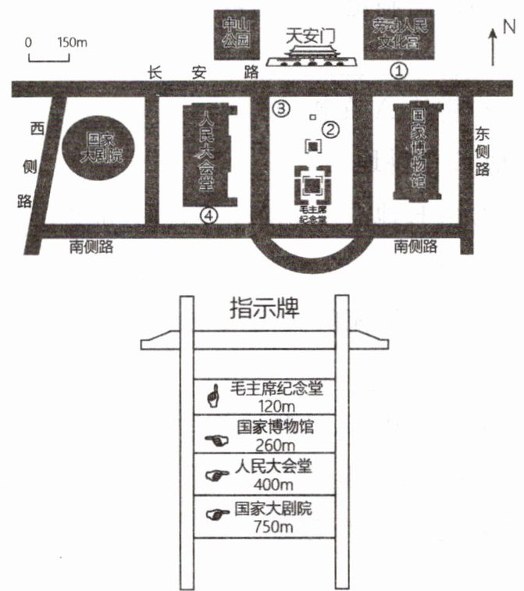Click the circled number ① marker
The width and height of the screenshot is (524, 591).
click(400, 69)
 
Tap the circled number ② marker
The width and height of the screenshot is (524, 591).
click(331, 130)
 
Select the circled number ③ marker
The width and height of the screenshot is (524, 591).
click(281, 108)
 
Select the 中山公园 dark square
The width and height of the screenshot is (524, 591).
click(235, 34)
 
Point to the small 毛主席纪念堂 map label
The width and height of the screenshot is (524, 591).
click(312, 215)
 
